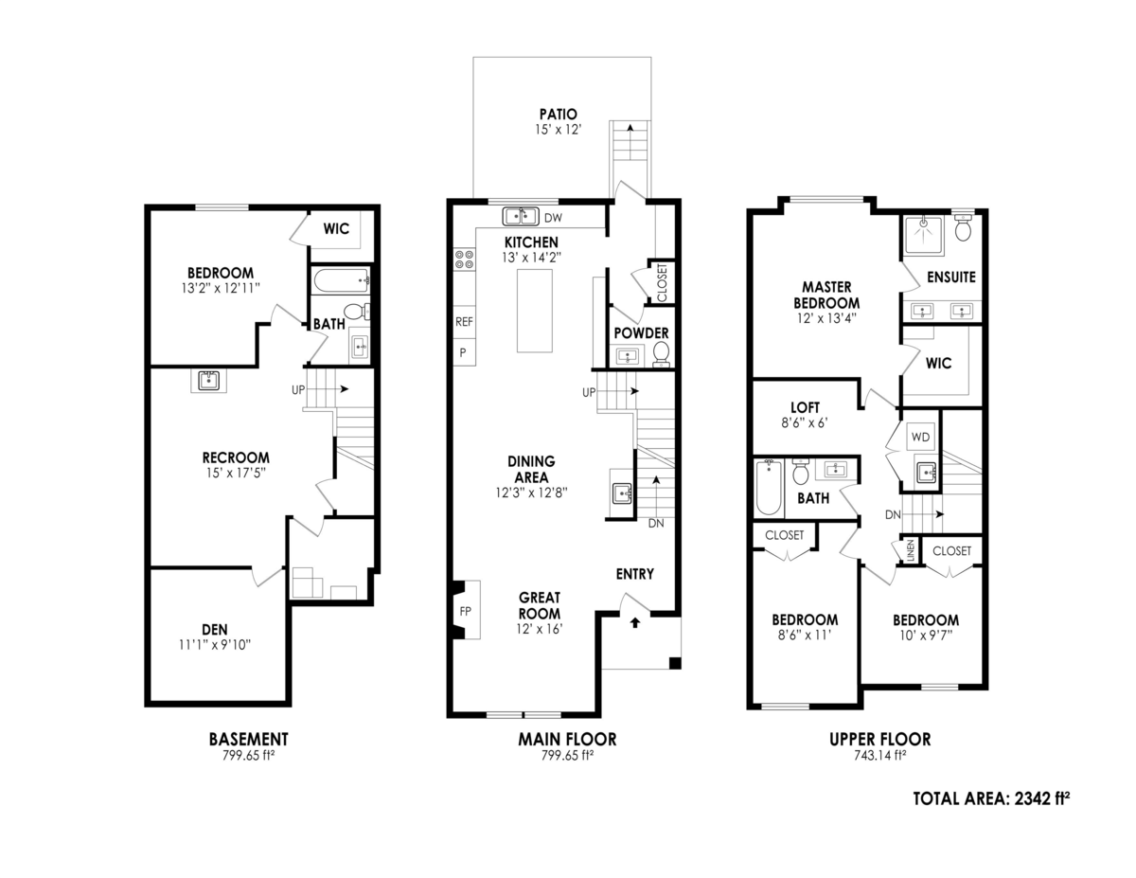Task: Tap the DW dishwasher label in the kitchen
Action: (552, 216)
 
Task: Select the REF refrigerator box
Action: (464, 322)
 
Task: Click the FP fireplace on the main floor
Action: (466, 611)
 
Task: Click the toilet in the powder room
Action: (661, 353)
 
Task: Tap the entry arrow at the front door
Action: (634, 622)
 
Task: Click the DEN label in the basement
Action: (214, 629)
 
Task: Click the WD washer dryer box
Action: (919, 437)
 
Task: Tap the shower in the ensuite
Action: (923, 235)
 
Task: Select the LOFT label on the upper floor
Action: (805, 408)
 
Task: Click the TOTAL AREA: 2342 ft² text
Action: (991, 798)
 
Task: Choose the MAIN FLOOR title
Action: (567, 739)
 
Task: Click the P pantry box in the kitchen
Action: (463, 351)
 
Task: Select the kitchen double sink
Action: (521, 216)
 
